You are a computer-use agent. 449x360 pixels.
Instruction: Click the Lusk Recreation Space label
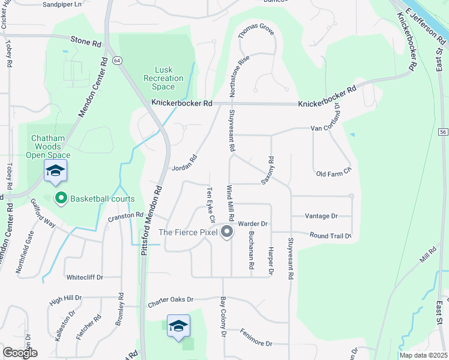click(164, 78)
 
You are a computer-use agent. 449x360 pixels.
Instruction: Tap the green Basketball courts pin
click(61, 198)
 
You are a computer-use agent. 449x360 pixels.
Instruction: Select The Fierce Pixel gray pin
click(226, 232)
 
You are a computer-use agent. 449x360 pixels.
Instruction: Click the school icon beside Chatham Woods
click(55, 172)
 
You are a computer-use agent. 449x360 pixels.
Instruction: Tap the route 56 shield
click(443, 131)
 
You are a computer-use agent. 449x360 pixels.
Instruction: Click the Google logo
click(19, 353)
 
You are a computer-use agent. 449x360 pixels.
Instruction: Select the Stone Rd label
click(86, 43)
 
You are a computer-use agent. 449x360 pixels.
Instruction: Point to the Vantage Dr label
click(321, 216)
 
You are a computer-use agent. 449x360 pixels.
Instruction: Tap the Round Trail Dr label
click(330, 236)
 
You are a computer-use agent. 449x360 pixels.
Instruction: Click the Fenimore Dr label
click(256, 337)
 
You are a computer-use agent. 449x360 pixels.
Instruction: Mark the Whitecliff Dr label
click(85, 277)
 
